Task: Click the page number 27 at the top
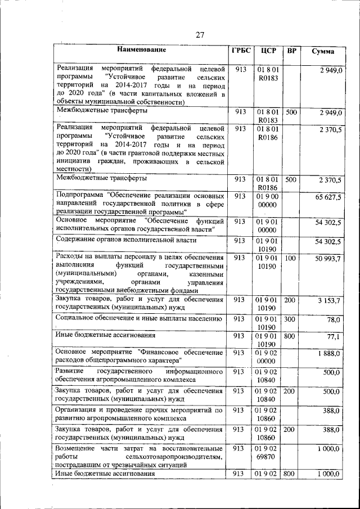click(x=200, y=35)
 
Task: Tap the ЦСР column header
click(x=268, y=51)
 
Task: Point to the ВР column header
click(x=291, y=51)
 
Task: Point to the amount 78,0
click(x=334, y=319)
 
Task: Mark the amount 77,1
click(x=334, y=337)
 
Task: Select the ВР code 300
click(x=290, y=319)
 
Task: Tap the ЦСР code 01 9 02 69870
click(x=268, y=454)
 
